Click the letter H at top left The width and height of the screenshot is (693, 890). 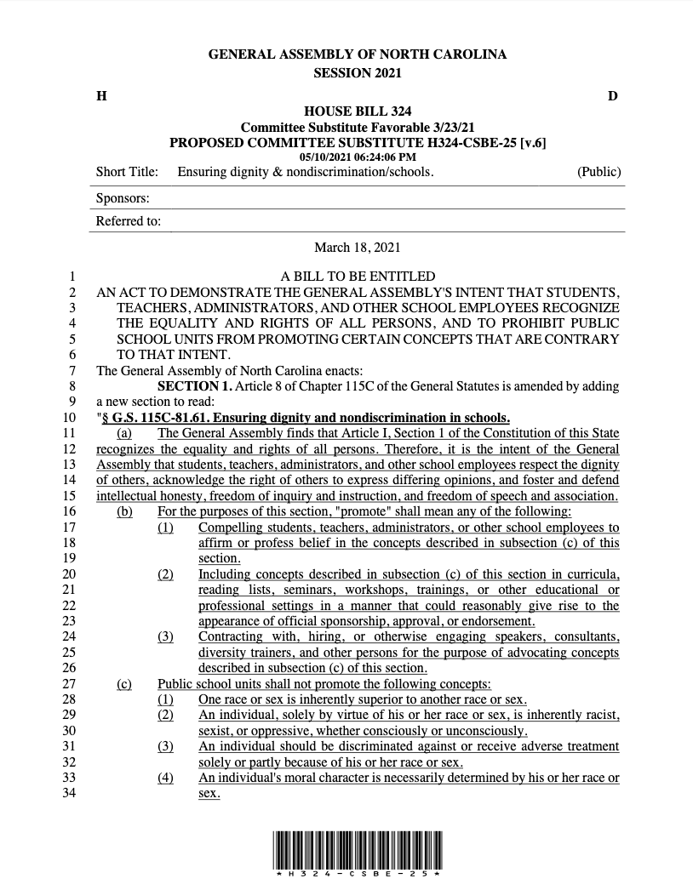pos(101,96)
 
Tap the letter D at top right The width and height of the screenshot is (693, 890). pos(613,96)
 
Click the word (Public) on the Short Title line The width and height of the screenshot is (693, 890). pos(598,172)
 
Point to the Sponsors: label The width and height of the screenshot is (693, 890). pos(123,198)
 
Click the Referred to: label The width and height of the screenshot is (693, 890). pos(129,222)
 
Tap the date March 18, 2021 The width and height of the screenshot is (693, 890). pos(357,248)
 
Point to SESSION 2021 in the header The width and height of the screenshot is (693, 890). pos(357,73)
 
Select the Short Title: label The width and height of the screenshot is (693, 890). pos(127,172)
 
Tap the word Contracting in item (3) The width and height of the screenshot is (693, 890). pos(233,636)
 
